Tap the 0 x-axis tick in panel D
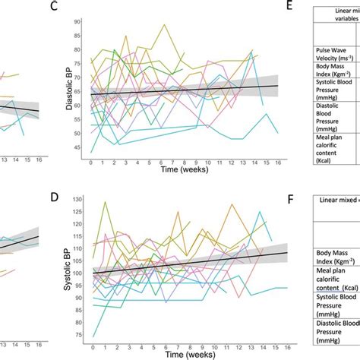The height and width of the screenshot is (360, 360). pyautogui.click(x=91, y=343)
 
